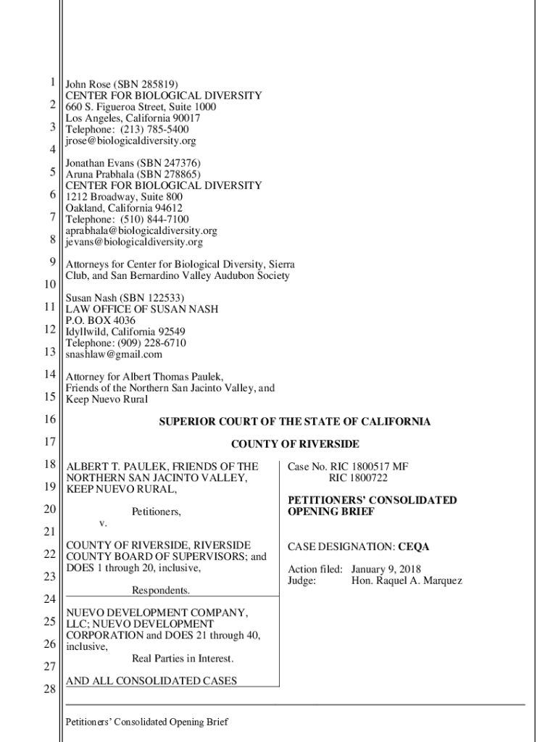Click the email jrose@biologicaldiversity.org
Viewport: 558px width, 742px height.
(130, 141)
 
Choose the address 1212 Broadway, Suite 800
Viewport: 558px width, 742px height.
(124, 197)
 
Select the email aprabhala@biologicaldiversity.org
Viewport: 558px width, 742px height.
(141, 230)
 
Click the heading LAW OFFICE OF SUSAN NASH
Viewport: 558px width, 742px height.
(142, 309)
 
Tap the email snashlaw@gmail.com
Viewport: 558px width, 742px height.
(114, 354)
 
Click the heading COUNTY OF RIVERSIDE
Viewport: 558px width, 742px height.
(295, 444)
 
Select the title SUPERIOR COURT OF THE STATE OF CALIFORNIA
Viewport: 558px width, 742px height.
(295, 422)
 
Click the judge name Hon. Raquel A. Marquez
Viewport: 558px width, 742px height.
(407, 580)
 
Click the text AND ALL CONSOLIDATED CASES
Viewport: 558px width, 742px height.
(151, 680)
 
